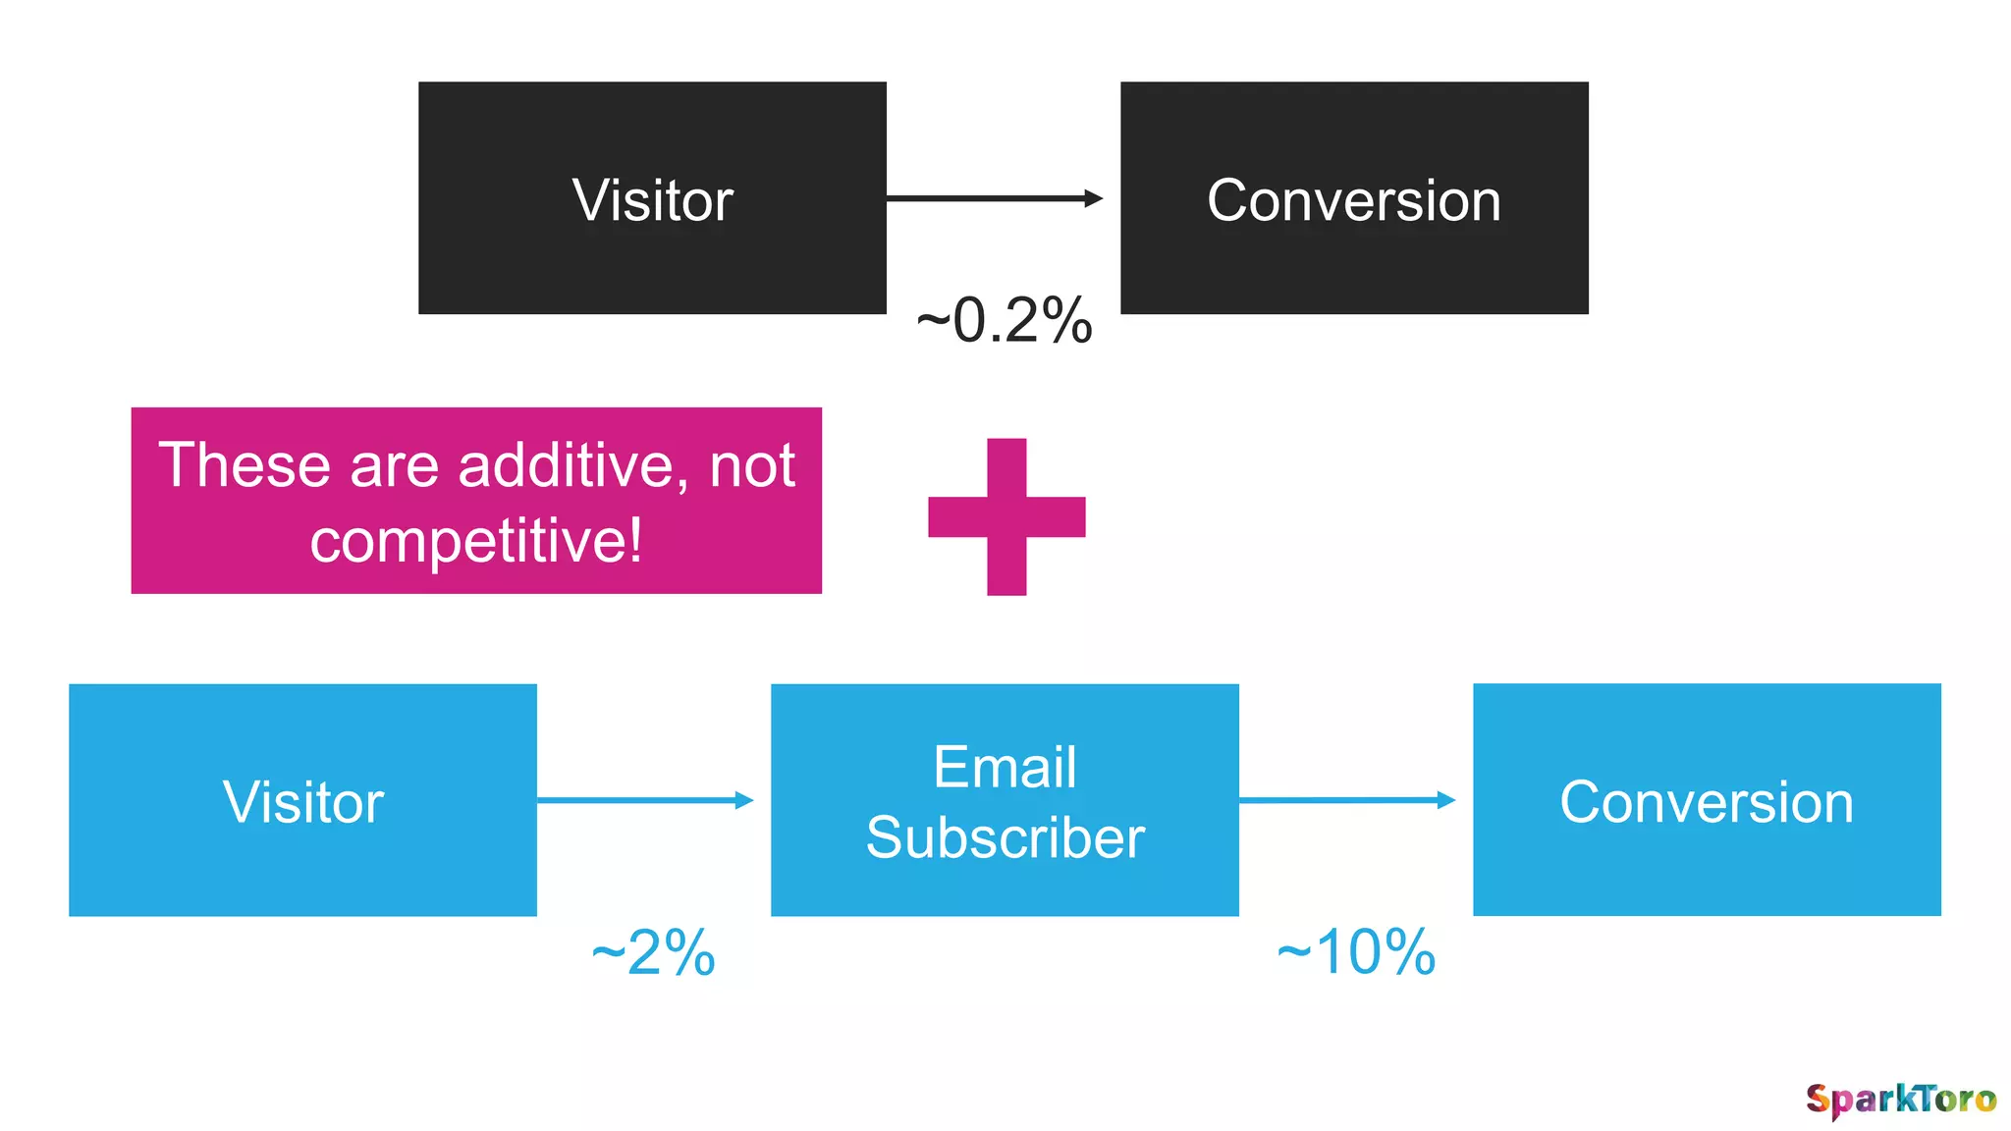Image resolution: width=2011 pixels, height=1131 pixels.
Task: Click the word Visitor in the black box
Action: [652, 200]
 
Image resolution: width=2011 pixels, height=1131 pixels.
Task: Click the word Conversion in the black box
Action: [1354, 200]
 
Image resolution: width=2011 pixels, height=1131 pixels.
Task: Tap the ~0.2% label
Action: [1005, 320]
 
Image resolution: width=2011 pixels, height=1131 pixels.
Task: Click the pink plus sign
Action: [1006, 516]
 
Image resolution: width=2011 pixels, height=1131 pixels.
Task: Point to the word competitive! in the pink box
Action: [476, 540]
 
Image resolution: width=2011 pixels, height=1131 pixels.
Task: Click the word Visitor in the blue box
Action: [302, 802]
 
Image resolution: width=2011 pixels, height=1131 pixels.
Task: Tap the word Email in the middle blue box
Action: [1005, 767]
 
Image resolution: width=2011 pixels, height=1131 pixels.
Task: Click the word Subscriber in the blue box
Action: [1005, 837]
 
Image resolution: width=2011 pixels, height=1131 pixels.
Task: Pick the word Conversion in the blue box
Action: [1707, 802]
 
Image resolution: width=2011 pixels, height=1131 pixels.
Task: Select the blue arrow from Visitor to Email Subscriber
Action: [643, 800]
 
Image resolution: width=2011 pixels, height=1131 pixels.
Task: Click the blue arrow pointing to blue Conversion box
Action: [1345, 800]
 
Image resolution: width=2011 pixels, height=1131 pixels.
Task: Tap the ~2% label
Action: [653, 952]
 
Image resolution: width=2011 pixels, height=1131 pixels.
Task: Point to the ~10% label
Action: [1356, 952]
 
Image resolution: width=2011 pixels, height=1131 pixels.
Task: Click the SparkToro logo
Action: [1900, 1099]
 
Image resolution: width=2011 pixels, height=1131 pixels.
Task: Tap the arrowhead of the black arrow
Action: [1094, 198]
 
